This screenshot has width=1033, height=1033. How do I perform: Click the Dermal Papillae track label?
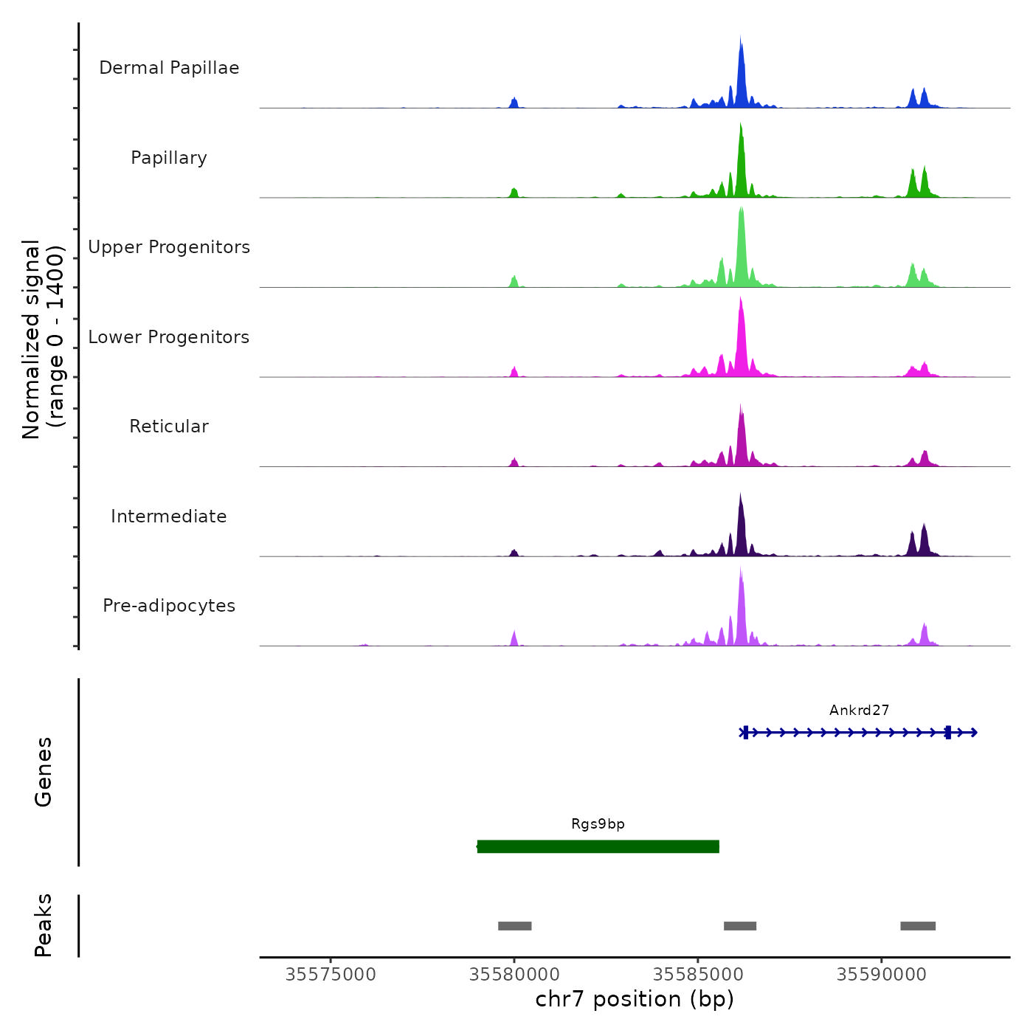click(x=169, y=68)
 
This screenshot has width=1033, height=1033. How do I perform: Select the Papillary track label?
click(x=169, y=158)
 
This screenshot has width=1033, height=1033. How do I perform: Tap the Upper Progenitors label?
click(x=169, y=247)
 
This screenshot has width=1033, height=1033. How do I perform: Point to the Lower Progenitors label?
click(x=169, y=337)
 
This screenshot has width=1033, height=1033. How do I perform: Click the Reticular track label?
click(x=169, y=426)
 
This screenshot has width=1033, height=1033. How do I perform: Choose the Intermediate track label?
click(x=169, y=516)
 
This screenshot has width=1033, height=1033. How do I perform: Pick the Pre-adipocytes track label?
click(x=169, y=606)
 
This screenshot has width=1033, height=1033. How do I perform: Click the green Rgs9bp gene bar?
click(x=598, y=846)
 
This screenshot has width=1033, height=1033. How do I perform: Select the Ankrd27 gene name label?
click(x=859, y=711)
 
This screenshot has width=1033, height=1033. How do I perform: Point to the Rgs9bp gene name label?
click(x=598, y=824)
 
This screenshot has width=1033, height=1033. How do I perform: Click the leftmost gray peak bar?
click(x=514, y=926)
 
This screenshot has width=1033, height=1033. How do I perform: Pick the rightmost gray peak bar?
click(x=917, y=926)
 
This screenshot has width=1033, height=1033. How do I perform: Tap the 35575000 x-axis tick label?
click(x=331, y=975)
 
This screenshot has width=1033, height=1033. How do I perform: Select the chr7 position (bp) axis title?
click(x=635, y=999)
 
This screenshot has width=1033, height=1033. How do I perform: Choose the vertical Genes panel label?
click(x=43, y=772)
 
